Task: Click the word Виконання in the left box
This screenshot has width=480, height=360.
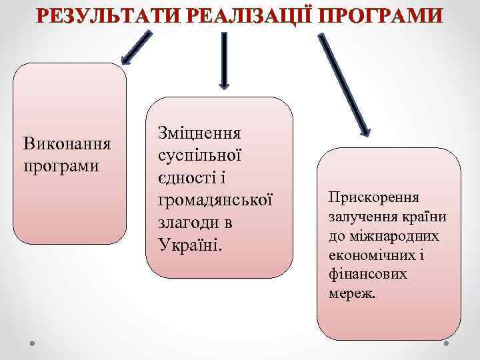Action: click(67, 144)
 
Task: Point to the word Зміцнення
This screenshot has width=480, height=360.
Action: click(200, 133)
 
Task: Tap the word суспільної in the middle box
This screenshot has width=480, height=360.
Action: click(199, 155)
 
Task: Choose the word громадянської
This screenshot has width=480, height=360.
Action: click(216, 200)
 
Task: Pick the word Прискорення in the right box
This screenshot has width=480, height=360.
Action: click(373, 198)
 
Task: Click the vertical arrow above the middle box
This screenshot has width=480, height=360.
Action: click(224, 60)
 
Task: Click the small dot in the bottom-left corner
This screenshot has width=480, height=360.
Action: click(31, 343)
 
